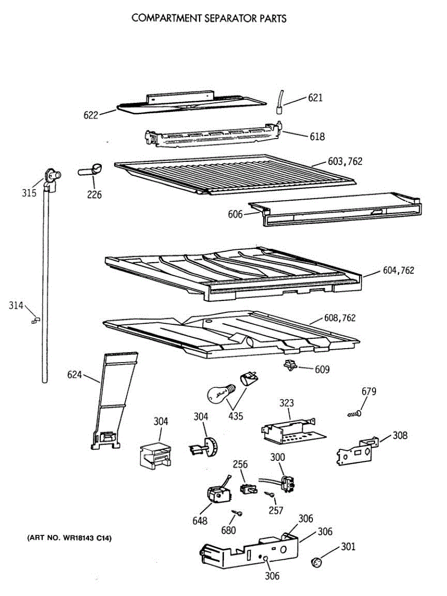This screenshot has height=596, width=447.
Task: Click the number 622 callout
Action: tap(91, 115)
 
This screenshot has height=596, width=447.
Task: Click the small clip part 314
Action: tap(35, 320)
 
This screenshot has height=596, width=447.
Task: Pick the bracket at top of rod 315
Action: tap(51, 177)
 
